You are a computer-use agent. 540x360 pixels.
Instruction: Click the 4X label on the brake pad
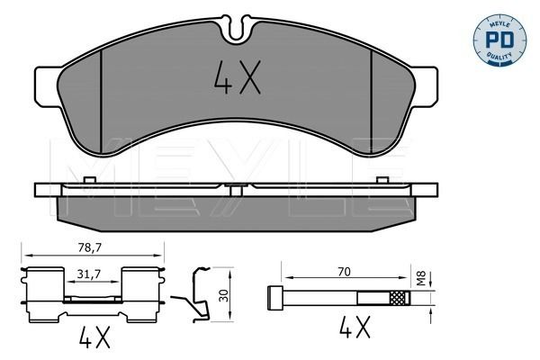pyautogui.click(x=238, y=77)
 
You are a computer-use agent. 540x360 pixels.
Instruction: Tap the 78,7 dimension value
pyautogui.click(x=89, y=248)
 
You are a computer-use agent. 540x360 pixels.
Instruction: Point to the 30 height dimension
pyautogui.click(x=224, y=295)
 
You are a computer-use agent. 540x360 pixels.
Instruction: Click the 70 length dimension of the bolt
pyautogui.click(x=344, y=272)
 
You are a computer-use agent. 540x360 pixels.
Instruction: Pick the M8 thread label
pyautogui.click(x=421, y=278)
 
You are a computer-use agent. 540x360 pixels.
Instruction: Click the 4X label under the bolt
pyautogui.click(x=355, y=328)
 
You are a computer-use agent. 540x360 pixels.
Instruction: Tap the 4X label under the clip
pyautogui.click(x=94, y=337)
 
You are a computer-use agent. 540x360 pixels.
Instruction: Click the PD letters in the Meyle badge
pyautogui.click(x=499, y=40)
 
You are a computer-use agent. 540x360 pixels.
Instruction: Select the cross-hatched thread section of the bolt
pyautogui.click(x=400, y=298)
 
